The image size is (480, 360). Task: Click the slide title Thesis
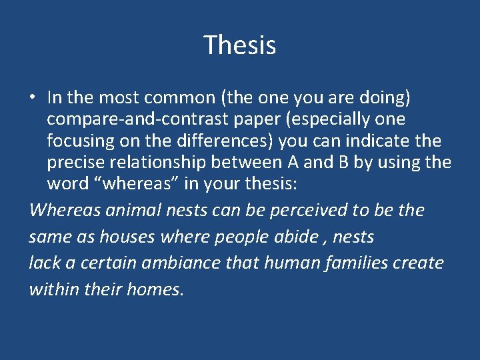pos(240,45)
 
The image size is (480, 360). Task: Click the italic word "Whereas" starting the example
pos(63,211)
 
